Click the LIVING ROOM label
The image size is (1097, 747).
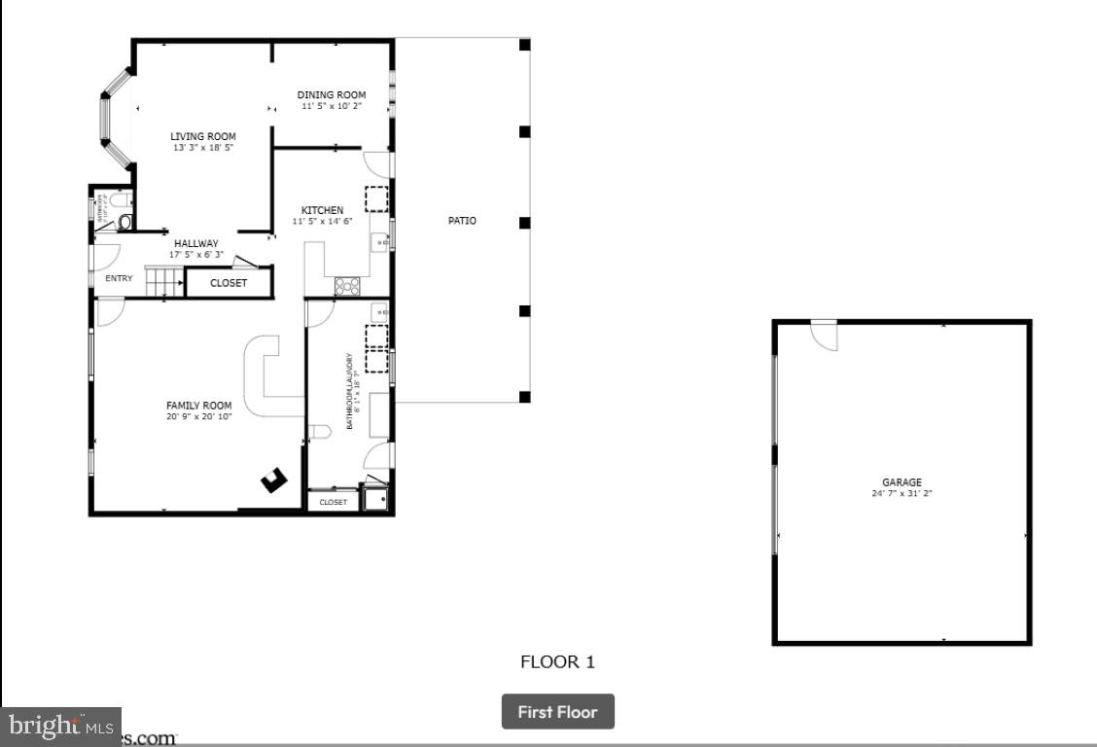click(x=203, y=136)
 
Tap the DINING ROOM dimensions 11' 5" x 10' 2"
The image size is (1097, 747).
click(x=331, y=105)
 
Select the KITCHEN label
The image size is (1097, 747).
click(x=322, y=210)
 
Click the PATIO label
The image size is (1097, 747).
click(x=462, y=221)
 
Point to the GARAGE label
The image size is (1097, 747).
click(x=902, y=482)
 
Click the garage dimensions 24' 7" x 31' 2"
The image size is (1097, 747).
click(x=902, y=493)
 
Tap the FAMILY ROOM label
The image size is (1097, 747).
click(x=198, y=406)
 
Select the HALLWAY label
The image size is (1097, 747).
click(x=195, y=244)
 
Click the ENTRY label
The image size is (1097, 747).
click(x=119, y=278)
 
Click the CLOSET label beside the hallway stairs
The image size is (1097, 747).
click(x=229, y=283)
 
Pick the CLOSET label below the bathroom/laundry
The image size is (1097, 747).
click(x=333, y=502)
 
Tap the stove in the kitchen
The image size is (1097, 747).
click(x=347, y=286)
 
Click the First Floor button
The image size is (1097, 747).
click(x=557, y=712)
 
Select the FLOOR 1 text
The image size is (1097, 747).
click(x=557, y=662)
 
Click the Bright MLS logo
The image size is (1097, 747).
click(x=60, y=726)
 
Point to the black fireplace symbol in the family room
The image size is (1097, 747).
click(x=274, y=480)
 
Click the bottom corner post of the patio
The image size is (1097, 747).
click(x=524, y=397)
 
